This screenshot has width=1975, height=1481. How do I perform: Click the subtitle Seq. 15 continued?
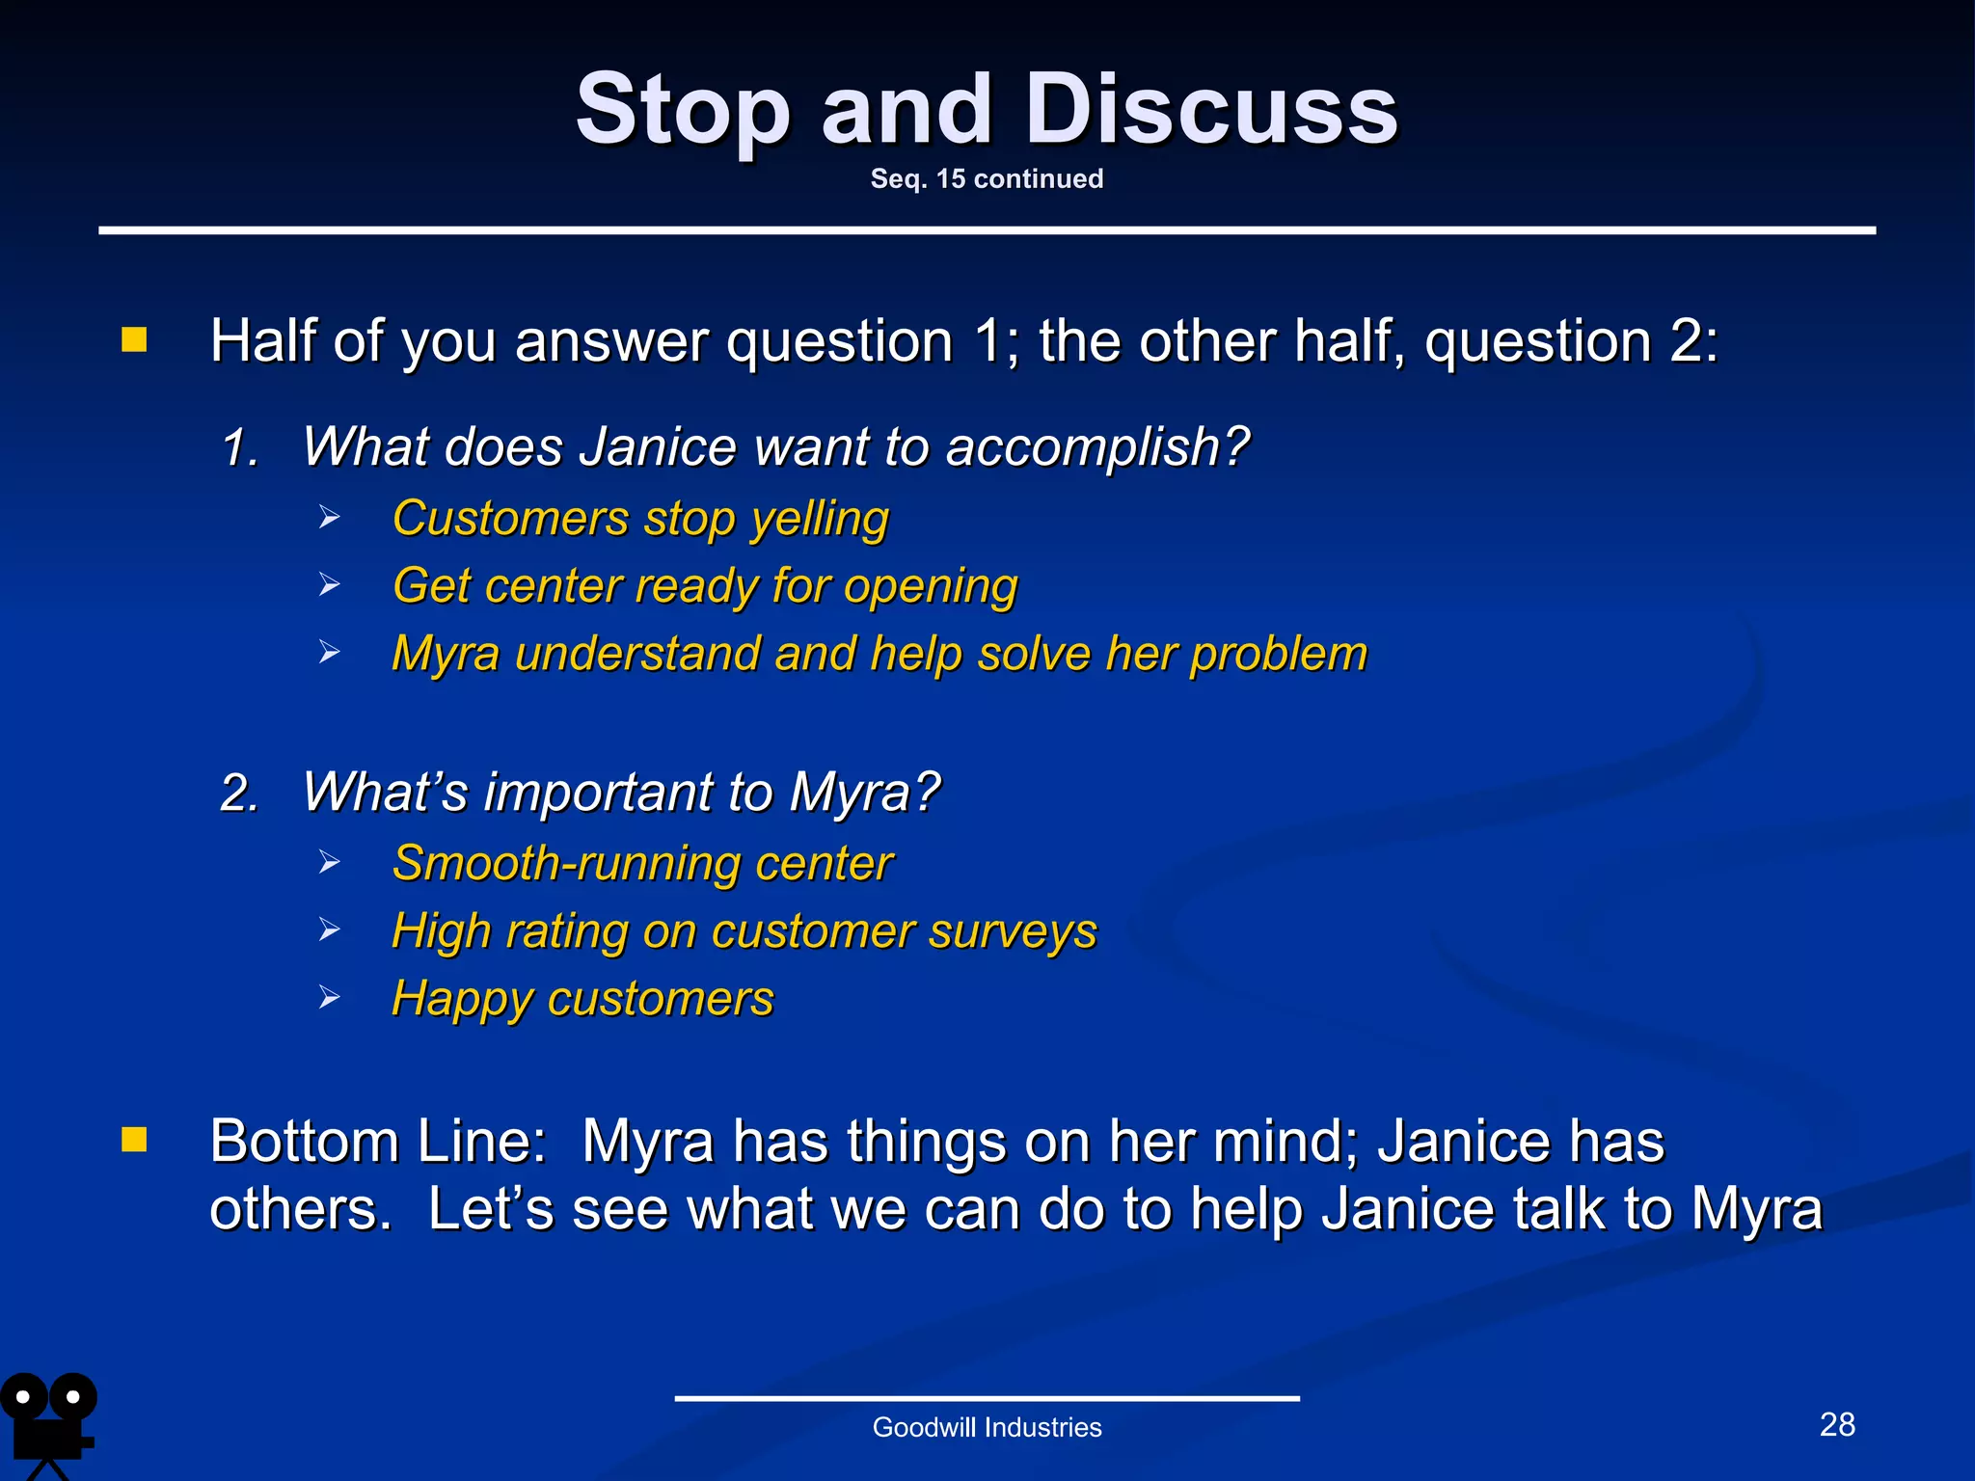click(x=987, y=179)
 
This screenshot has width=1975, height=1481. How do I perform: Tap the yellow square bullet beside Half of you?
click(x=134, y=339)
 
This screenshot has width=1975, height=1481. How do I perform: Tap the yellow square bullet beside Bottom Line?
click(x=134, y=1140)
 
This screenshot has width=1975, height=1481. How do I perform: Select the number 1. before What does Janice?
click(x=240, y=448)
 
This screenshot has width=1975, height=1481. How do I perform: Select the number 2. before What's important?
click(x=240, y=794)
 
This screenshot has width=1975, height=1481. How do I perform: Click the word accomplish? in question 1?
click(x=1096, y=448)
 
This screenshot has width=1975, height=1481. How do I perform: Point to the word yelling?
click(x=820, y=520)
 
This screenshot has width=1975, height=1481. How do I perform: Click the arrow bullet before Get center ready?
click(x=330, y=585)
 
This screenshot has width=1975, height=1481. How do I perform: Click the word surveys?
click(x=1013, y=931)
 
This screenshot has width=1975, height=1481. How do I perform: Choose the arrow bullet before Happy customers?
click(x=330, y=998)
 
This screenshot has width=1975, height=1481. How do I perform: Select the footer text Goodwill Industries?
click(x=987, y=1427)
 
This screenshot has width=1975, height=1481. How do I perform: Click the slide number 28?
click(x=1836, y=1424)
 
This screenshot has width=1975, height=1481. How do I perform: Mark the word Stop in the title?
click(x=682, y=111)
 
